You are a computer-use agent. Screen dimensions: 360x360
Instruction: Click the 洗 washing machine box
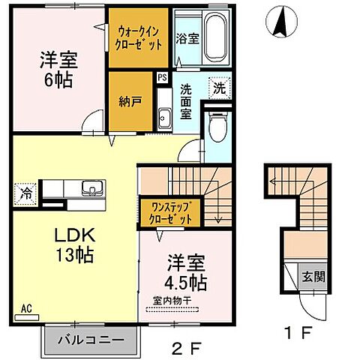pyautogui.click(x=217, y=86)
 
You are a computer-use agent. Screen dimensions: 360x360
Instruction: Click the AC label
pyautogui.click(x=25, y=307)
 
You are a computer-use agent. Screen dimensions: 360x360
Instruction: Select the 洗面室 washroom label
pyautogui.click(x=187, y=100)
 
